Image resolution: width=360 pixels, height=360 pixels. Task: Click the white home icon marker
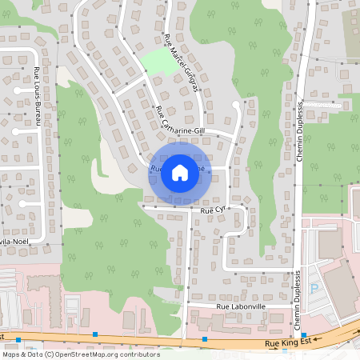[180, 172]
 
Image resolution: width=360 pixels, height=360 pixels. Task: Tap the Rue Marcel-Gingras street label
[181, 64]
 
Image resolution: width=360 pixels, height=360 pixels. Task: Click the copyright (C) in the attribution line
[50, 354]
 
